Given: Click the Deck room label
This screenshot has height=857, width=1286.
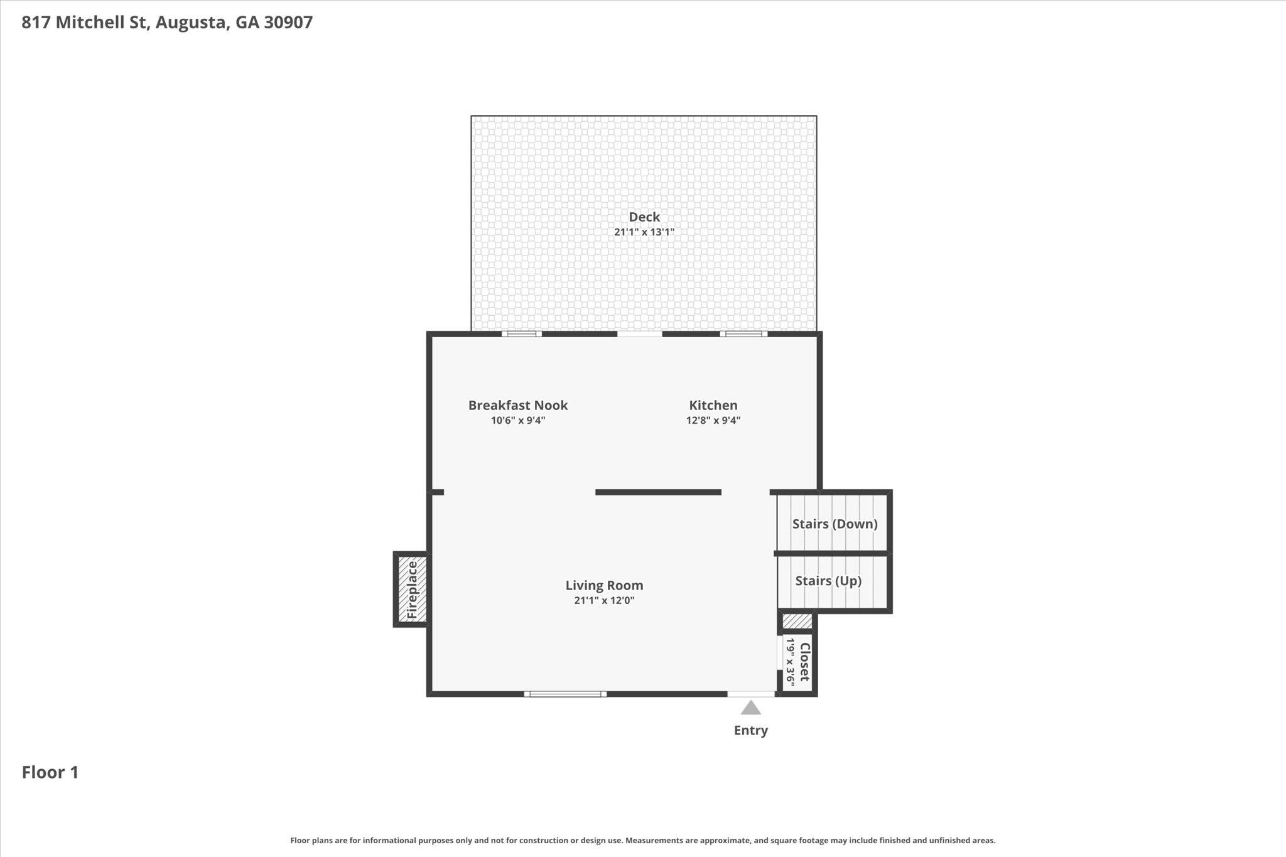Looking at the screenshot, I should [644, 217].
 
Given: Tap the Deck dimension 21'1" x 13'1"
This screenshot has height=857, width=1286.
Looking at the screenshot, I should [644, 232].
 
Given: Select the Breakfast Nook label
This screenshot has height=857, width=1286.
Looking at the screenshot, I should [518, 405].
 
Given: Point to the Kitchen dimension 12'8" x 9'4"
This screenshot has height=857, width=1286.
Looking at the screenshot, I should [713, 421].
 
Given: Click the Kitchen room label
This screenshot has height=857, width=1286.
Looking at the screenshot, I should [713, 405].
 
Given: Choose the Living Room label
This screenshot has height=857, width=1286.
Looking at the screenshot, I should [604, 585].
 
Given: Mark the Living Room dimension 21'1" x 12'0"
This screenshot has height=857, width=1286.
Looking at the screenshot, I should [604, 600].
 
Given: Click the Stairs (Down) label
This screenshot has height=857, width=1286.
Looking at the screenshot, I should [835, 524].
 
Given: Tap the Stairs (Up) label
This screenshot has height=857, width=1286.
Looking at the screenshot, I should [828, 581].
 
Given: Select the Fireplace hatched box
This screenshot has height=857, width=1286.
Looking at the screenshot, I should [413, 589].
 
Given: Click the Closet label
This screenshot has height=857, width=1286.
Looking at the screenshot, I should [804, 662].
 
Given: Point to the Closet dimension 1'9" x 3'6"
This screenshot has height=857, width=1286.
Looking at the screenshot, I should [791, 662].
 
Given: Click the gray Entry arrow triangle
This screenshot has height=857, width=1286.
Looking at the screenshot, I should [750, 708].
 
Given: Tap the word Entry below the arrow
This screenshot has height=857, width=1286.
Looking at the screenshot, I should [750, 730].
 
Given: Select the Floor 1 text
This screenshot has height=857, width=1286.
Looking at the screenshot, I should [50, 772].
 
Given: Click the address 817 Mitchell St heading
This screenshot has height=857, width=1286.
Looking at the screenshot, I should [167, 23].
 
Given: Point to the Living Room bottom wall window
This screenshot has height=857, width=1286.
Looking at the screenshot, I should [565, 694].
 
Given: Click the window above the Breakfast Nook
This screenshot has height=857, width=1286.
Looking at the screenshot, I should [521, 334].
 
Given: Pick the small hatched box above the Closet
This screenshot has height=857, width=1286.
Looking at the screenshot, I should [797, 622].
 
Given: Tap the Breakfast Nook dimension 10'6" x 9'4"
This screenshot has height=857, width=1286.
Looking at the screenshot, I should [518, 421].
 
